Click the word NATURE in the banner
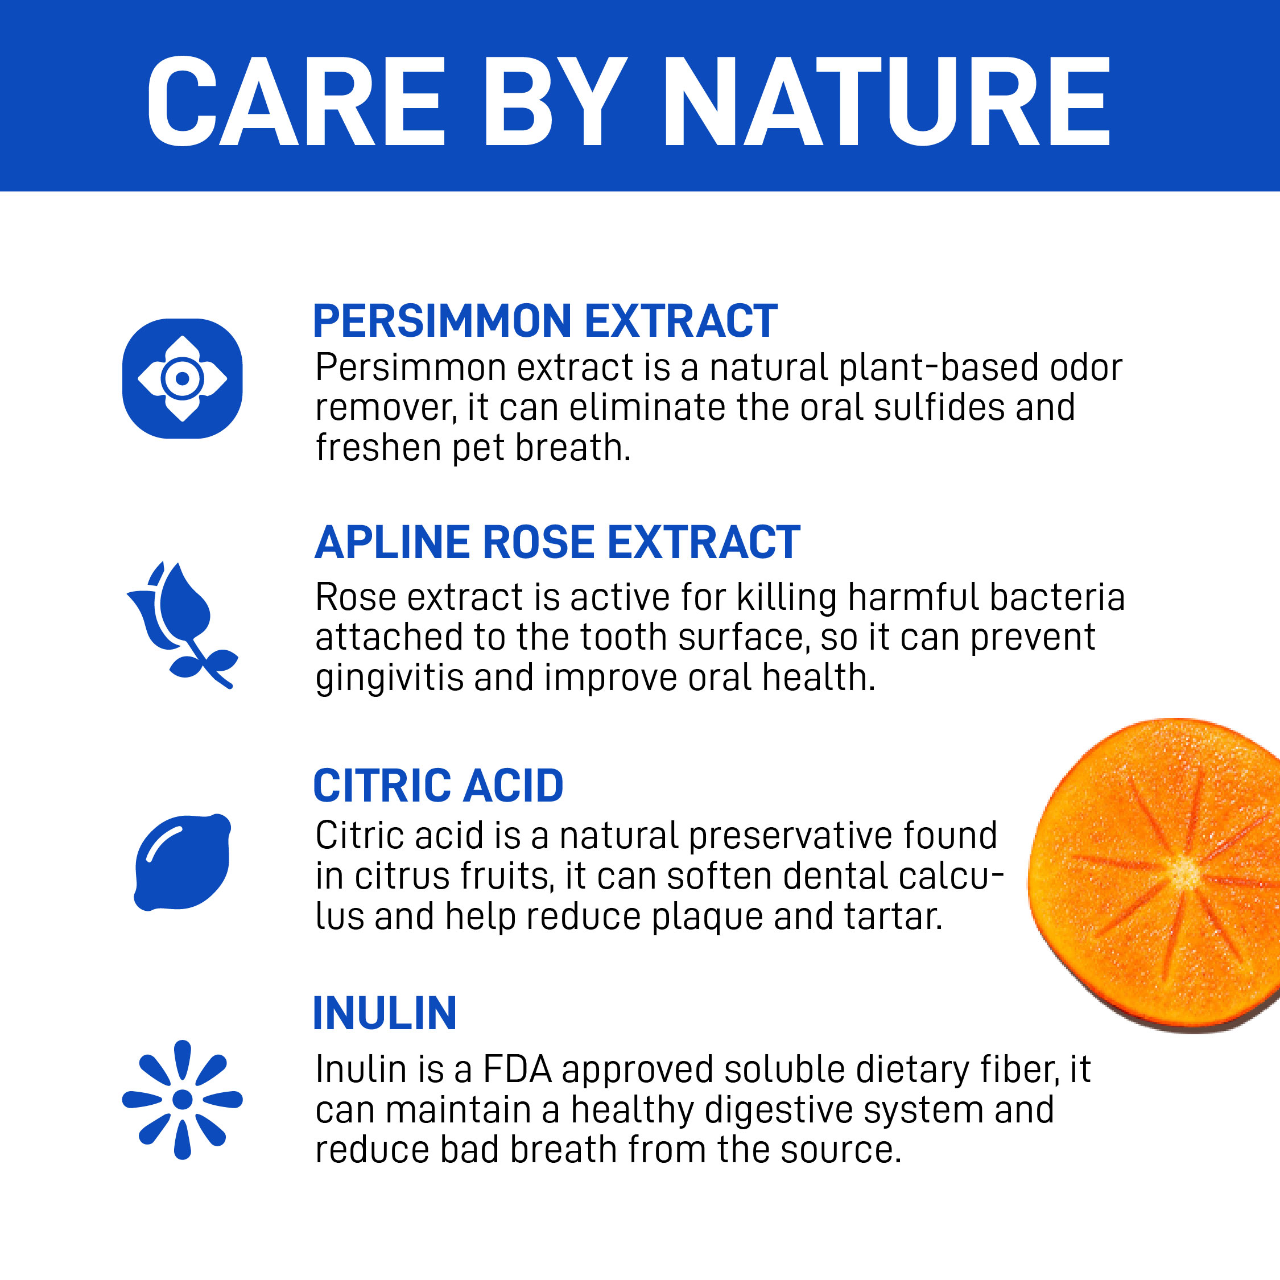point(887,101)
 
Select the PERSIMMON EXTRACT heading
point(544,321)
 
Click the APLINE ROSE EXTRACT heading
point(557,542)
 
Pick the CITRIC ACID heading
point(438,786)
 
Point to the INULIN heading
point(384,1014)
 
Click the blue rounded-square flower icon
point(182,378)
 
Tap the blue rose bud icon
point(182,625)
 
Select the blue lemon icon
point(182,862)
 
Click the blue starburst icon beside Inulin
point(182,1100)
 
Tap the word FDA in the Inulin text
point(517,1070)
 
